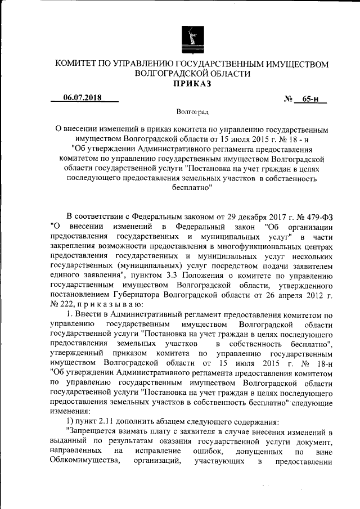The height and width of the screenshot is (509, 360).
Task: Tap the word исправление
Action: click(x=161, y=452)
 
